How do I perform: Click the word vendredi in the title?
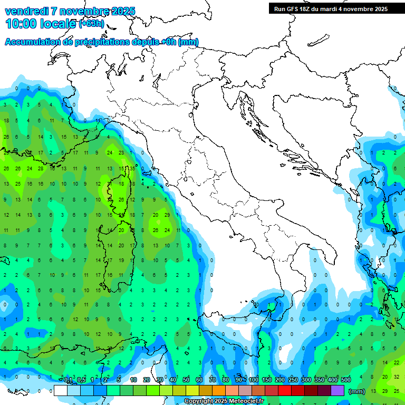point(26,11)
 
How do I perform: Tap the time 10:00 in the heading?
point(23,24)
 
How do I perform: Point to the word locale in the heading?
point(59,24)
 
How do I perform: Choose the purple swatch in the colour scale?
point(337,391)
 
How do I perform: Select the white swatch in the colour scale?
point(61,391)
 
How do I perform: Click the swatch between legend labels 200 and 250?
point(285,391)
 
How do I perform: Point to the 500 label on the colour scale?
point(345,380)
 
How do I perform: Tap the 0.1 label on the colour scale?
point(67,380)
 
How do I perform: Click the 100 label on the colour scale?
point(254,380)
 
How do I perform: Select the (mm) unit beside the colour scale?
point(357,391)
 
